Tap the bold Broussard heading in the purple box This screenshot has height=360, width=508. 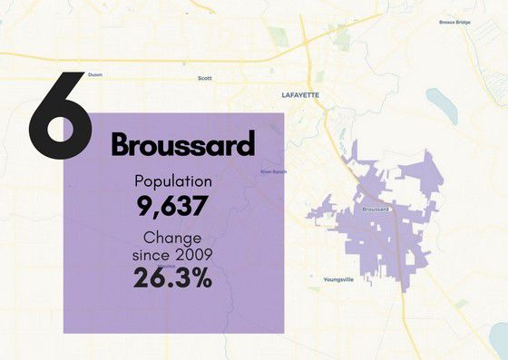[182, 143]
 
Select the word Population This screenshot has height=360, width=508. [173, 180]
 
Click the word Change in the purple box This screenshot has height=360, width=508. [173, 238]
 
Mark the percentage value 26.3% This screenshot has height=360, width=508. [172, 278]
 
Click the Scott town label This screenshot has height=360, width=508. [204, 79]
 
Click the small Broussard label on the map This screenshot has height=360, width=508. [375, 209]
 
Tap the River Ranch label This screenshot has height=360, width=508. [272, 171]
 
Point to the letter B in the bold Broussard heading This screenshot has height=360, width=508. [122, 143]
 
